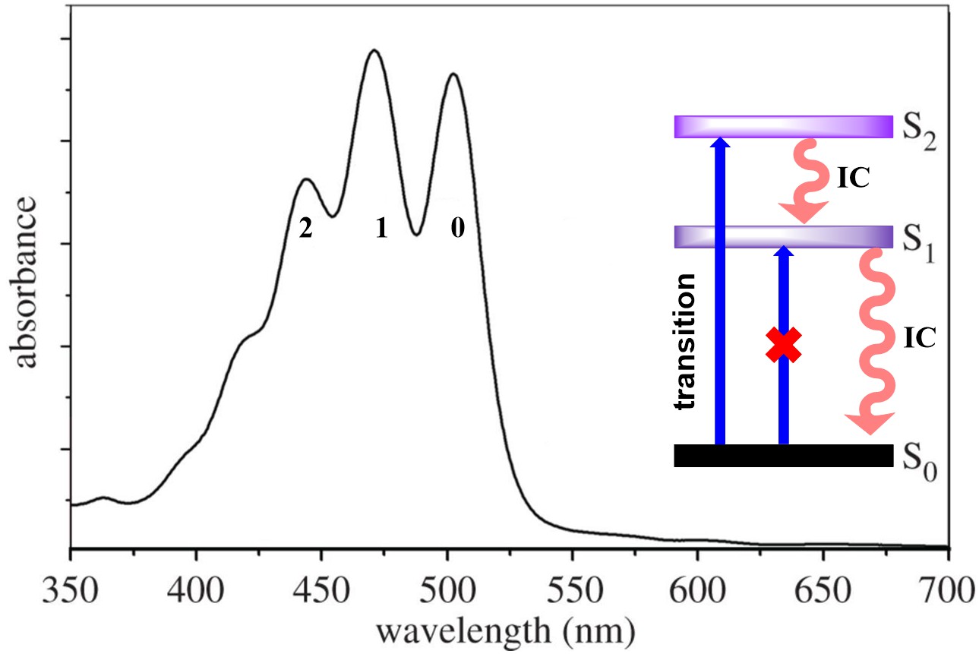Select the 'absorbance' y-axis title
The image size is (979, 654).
click(27, 282)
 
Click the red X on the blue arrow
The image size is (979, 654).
click(784, 345)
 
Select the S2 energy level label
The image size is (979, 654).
click(920, 128)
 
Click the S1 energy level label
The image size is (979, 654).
click(920, 237)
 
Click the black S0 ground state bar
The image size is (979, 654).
click(783, 455)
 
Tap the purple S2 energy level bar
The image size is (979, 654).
click(783, 126)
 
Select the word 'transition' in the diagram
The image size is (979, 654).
click(687, 342)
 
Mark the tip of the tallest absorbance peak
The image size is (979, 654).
click(373, 51)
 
